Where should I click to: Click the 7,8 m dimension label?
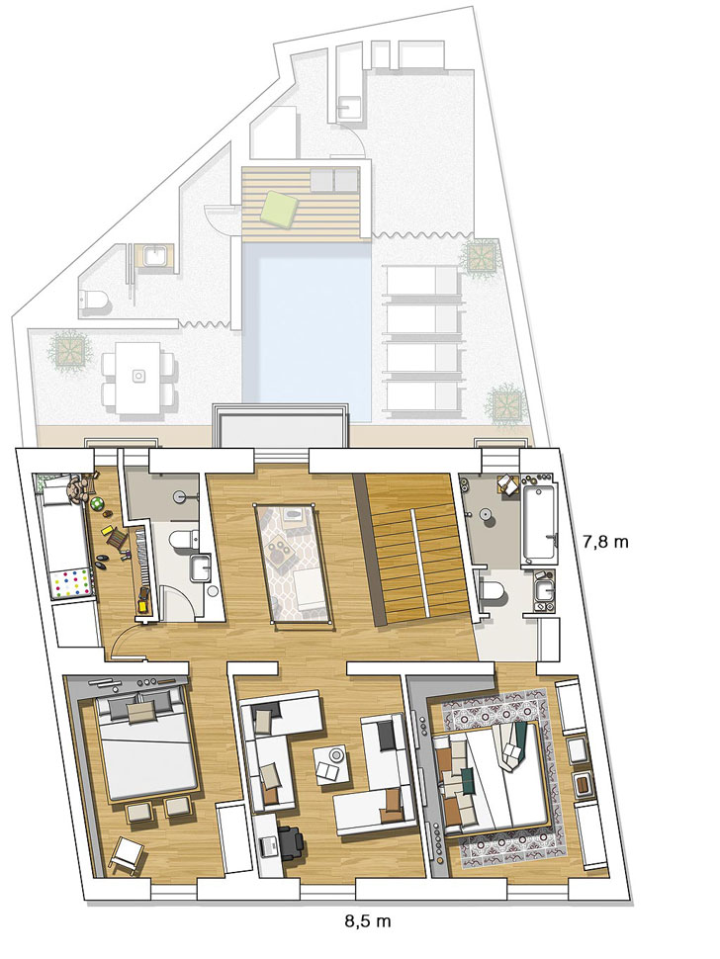click(604, 542)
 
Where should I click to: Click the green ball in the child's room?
click(98, 502)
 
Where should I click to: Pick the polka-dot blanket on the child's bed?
click(72, 580)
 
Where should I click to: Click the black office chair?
click(290, 841)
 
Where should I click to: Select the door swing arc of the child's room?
click(123, 643)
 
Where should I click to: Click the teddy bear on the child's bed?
click(75, 488)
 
